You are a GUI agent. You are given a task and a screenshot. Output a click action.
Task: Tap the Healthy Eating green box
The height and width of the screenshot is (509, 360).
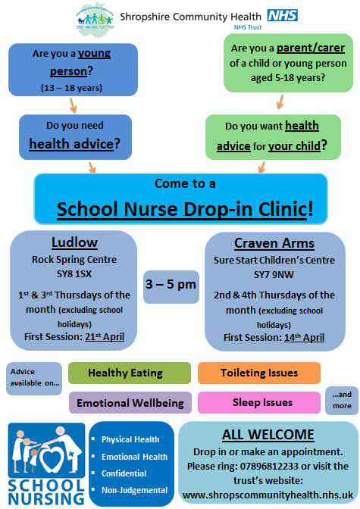[129, 373]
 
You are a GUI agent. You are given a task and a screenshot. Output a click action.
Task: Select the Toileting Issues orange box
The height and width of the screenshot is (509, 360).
[258, 373]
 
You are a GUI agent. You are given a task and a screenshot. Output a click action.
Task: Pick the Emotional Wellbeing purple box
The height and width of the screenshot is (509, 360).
[130, 403]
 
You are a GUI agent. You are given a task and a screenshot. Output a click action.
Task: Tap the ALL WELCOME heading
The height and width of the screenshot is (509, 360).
[268, 434]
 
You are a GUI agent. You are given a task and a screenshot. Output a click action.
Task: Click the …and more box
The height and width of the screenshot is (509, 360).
[341, 401]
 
